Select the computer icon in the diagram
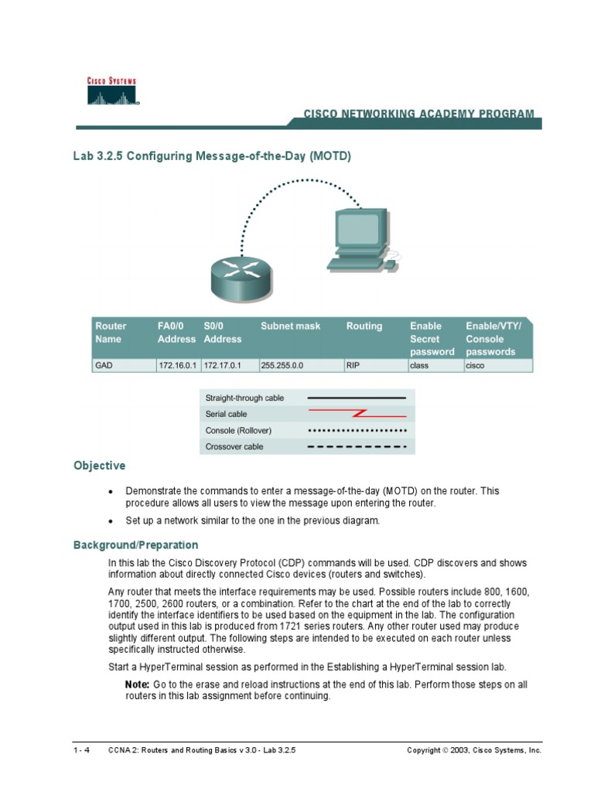point(360,241)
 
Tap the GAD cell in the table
point(104,366)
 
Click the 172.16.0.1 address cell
point(177,366)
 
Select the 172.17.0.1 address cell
point(224,366)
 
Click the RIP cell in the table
point(353,366)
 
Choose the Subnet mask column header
point(290,326)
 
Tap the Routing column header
point(364,326)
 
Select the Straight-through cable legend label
point(244,398)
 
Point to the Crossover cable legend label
point(234,447)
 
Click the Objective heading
point(99,466)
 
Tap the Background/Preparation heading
point(135,545)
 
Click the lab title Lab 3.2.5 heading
point(212,156)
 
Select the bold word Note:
point(138,685)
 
